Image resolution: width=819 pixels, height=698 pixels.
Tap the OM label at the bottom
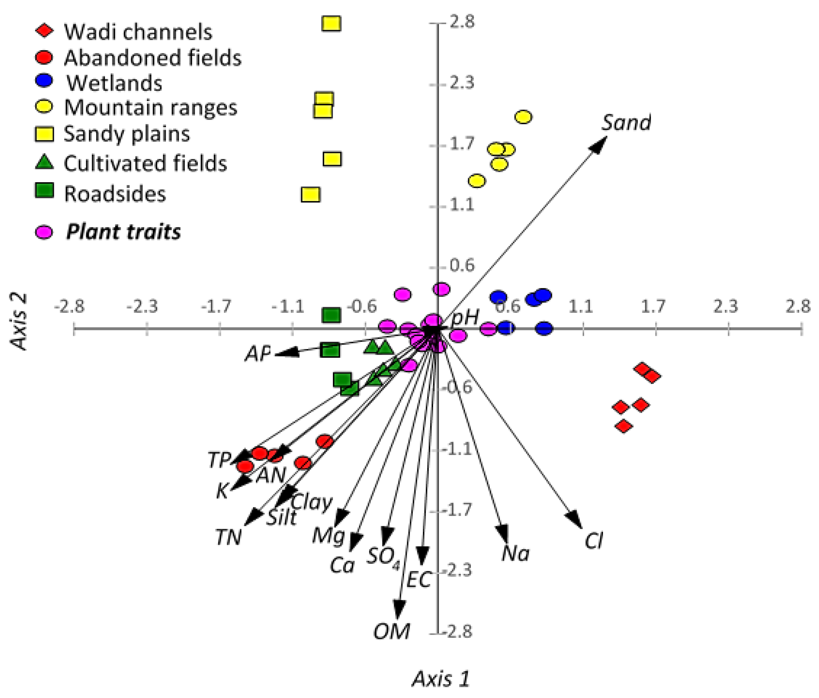pyautogui.click(x=392, y=631)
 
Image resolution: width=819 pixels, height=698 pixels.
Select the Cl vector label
pyautogui.click(x=594, y=541)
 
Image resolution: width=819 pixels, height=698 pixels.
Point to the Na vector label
pyautogui.click(x=515, y=553)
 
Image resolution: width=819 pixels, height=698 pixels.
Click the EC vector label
pyautogui.click(x=419, y=580)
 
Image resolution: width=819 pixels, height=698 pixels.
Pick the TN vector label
pyautogui.click(x=229, y=537)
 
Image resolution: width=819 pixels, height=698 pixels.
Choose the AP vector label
pyautogui.click(x=258, y=353)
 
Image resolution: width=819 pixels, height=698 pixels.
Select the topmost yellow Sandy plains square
pyautogui.click(x=331, y=24)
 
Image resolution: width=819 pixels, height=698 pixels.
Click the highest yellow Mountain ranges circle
pyautogui.click(x=523, y=117)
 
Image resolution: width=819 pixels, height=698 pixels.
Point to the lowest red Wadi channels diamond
pyautogui.click(x=623, y=426)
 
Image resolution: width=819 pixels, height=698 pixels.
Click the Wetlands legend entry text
pyautogui.click(x=114, y=83)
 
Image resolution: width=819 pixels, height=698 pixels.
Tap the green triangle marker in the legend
pyautogui.click(x=44, y=162)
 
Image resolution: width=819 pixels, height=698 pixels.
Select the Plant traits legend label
pyautogui.click(x=123, y=232)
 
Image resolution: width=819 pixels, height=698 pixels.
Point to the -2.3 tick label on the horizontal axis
pyautogui.click(x=142, y=306)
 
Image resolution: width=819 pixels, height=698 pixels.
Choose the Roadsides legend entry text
pyautogui.click(x=115, y=194)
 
